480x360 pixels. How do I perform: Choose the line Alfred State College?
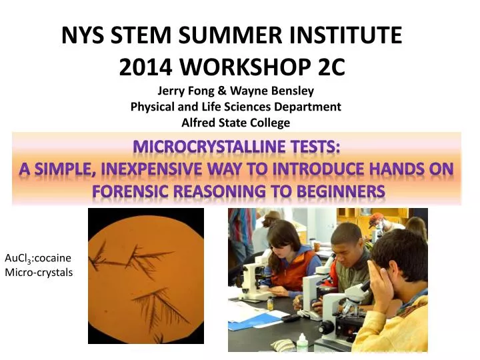pos(235,123)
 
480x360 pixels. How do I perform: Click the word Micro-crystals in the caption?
pos(38,272)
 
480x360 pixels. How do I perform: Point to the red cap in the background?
pos(377,218)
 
